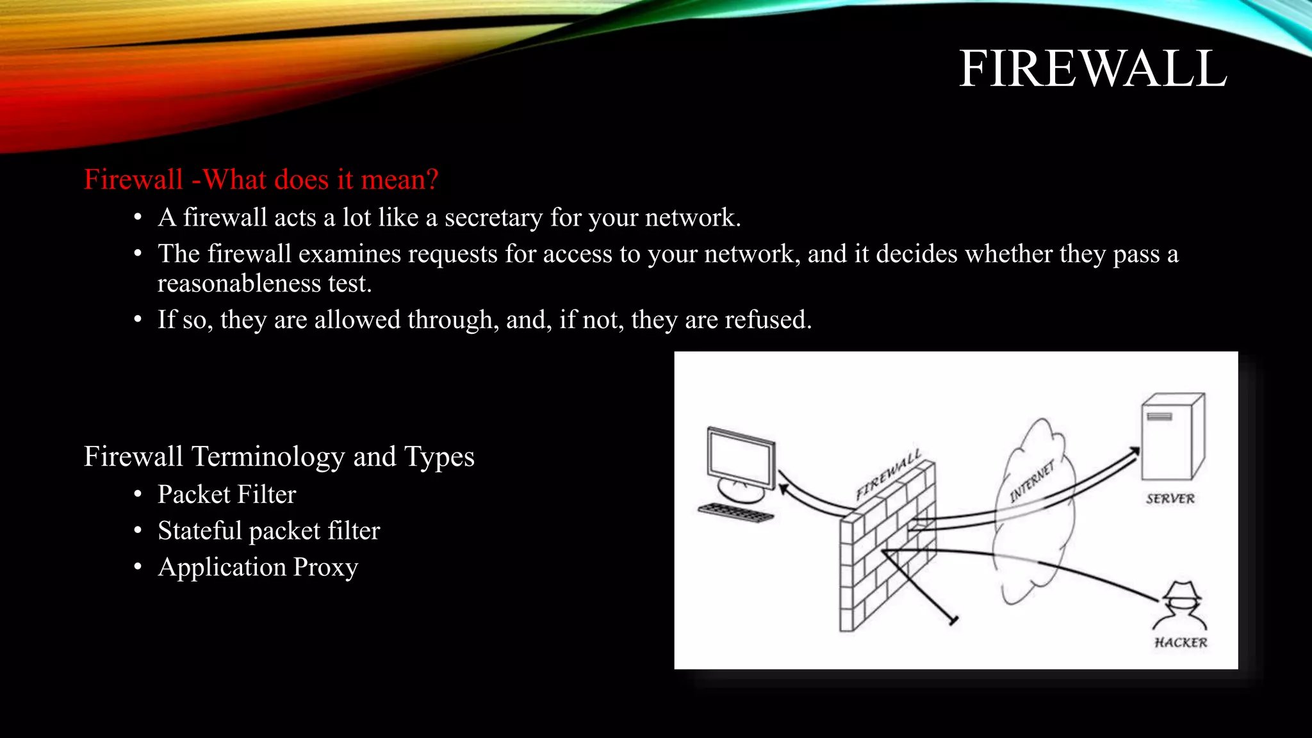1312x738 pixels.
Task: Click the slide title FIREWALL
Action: point(1092,69)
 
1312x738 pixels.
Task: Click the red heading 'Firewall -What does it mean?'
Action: point(261,179)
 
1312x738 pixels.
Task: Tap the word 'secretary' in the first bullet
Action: point(493,218)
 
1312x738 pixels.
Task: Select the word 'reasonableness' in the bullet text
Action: point(239,283)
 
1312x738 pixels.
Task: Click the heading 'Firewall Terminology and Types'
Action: point(279,457)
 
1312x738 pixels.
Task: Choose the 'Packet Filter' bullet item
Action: point(227,495)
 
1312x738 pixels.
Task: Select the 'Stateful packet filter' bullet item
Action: point(268,531)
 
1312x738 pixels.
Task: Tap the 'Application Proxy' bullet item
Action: point(258,568)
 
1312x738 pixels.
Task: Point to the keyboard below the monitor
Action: point(735,512)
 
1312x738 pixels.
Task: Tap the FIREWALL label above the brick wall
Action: point(889,475)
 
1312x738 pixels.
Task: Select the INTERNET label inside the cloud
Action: point(1031,482)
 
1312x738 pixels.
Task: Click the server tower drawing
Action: point(1172,437)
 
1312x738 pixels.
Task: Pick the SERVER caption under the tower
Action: point(1170,499)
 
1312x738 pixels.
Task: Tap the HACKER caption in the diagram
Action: point(1181,643)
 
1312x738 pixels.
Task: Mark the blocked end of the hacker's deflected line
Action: point(953,620)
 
